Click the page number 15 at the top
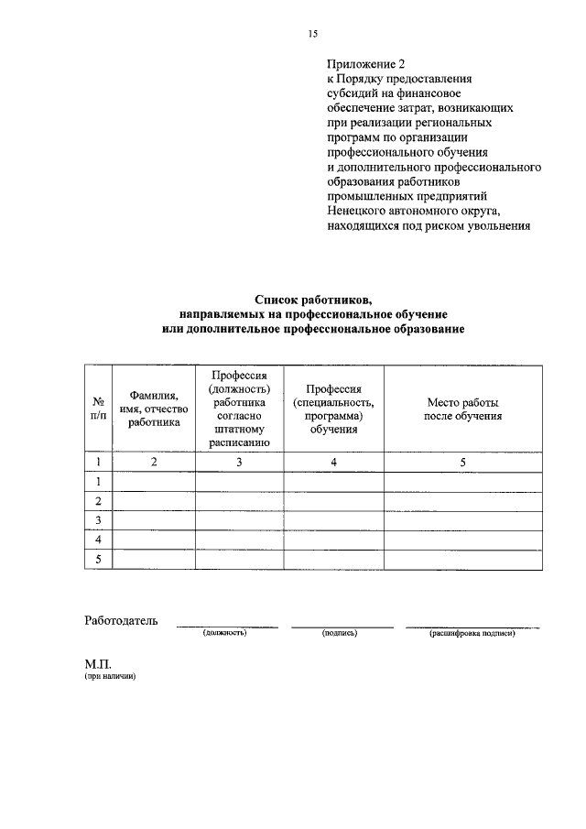312,34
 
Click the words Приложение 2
365,64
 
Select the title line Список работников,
313,300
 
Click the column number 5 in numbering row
462,463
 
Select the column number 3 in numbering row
238,463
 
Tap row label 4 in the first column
98,540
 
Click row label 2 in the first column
98,501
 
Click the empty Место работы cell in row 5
462,559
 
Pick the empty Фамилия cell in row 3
154,520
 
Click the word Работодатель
121,620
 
